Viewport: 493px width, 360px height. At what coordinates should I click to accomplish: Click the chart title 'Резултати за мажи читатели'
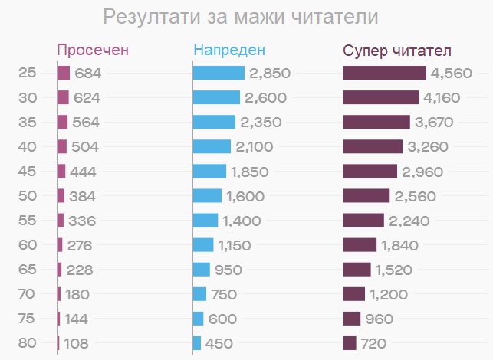240,17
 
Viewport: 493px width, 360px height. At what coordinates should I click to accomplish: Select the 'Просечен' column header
93,51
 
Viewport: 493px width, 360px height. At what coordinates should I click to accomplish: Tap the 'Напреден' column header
229,51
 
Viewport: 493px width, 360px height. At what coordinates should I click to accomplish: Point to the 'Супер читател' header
397,51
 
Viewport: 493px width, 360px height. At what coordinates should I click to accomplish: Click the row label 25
27,74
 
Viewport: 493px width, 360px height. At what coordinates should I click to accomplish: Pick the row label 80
27,343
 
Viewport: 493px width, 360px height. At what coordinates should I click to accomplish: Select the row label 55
27,221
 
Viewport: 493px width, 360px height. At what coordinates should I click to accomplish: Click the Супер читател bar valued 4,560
384,74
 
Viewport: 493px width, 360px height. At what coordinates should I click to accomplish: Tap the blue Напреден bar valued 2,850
219,74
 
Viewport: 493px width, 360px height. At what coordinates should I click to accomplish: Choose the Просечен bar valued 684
64,74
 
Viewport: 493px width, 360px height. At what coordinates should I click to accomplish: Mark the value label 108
77,343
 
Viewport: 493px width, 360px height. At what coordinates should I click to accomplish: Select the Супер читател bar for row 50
366,196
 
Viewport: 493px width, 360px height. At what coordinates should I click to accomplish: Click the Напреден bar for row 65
202,270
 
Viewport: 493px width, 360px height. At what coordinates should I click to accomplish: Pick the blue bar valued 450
197,343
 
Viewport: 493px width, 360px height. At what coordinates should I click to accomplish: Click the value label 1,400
242,221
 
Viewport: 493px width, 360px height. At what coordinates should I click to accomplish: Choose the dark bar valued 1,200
354,294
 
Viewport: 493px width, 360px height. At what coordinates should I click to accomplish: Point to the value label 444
83,172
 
